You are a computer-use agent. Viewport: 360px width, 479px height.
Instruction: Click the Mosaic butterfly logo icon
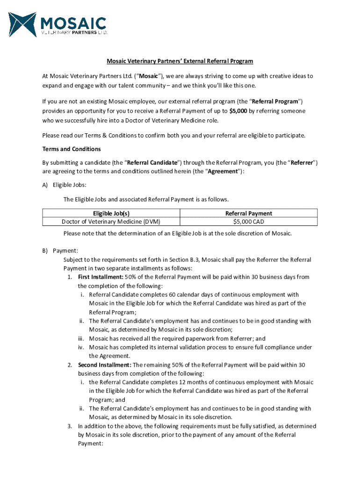pyautogui.click(x=23, y=24)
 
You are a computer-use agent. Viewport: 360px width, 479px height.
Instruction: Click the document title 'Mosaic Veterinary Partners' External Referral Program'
pyautogui.click(x=180, y=61)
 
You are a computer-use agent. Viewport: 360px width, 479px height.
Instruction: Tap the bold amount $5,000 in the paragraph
pyautogui.click(x=238, y=111)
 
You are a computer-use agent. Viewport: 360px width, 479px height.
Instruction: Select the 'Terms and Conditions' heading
pyautogui.click(x=72, y=149)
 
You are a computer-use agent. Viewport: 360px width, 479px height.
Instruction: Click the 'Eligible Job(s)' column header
pyautogui.click(x=111, y=213)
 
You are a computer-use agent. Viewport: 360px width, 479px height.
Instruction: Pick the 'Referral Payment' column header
pyautogui.click(x=248, y=213)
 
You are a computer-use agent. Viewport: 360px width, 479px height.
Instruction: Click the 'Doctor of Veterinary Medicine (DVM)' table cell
pyautogui.click(x=111, y=221)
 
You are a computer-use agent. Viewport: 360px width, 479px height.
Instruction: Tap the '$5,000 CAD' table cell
pyautogui.click(x=248, y=221)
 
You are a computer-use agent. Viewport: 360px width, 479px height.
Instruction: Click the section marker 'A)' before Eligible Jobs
pyautogui.click(x=45, y=185)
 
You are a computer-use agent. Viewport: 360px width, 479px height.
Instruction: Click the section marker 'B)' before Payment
pyautogui.click(x=45, y=251)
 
